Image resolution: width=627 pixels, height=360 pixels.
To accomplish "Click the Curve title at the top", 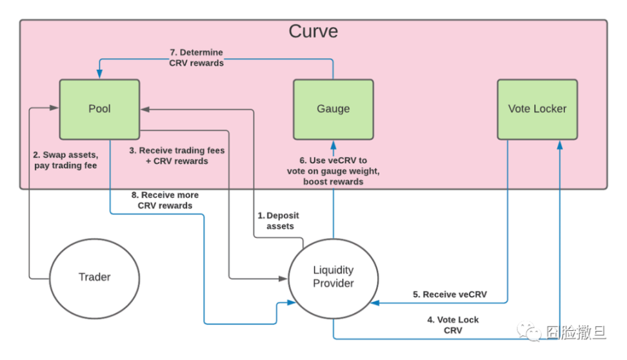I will pyautogui.click(x=313, y=31).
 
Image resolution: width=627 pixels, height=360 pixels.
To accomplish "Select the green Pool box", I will pyautogui.click(x=99, y=109).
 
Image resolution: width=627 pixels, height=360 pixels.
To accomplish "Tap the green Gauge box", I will pyautogui.click(x=333, y=109).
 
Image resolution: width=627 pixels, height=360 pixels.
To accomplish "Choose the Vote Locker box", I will pyautogui.click(x=537, y=109).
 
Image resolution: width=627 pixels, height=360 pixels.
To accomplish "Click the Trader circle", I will pyautogui.click(x=95, y=277).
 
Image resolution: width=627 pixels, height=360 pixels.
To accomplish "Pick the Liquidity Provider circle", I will pyautogui.click(x=333, y=277).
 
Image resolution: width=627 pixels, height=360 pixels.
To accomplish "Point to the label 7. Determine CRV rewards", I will pyautogui.click(x=196, y=57).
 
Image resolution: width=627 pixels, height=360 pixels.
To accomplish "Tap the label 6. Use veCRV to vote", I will pyautogui.click(x=333, y=171).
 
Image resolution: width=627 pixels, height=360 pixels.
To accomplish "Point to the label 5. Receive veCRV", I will pyautogui.click(x=450, y=294).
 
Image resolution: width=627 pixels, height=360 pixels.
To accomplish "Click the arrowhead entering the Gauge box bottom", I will pyautogui.click(x=333, y=143).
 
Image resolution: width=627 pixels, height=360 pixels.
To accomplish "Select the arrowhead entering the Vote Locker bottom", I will pyautogui.click(x=561, y=143).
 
